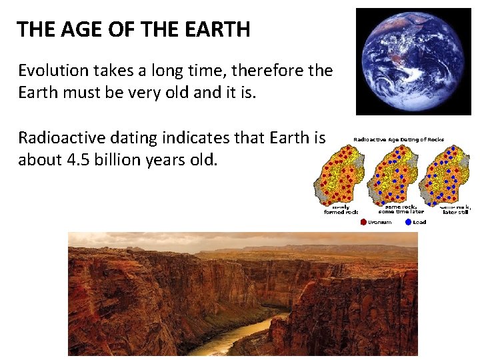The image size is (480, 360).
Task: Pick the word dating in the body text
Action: point(128,138)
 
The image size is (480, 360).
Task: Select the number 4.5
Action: point(73,160)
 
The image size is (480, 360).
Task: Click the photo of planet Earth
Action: point(413,61)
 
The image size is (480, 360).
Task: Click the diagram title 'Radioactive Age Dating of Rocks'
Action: point(399,139)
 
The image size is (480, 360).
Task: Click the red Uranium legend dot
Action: point(363,222)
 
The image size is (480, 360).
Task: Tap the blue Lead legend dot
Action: point(408,222)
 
